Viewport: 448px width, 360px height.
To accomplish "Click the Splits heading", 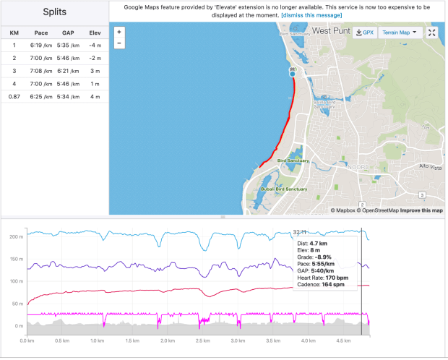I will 54,13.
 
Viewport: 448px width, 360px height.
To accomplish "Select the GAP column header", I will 68,33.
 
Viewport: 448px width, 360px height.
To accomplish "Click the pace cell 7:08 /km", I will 40,71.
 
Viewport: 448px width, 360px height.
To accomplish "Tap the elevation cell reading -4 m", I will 94,45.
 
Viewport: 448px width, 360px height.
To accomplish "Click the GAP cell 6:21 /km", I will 68,71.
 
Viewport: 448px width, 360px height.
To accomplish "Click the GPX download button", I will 364,33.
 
